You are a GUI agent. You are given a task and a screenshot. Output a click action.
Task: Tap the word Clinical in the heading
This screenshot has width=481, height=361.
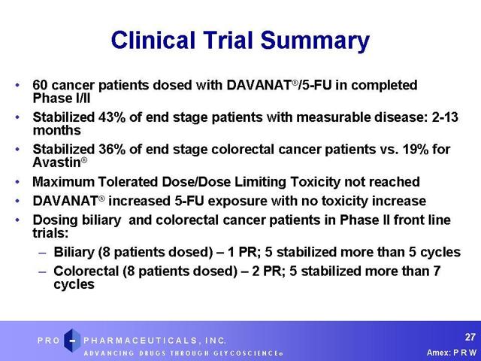pos(153,40)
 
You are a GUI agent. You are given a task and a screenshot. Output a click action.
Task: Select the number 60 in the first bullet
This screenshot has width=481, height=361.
pos(40,85)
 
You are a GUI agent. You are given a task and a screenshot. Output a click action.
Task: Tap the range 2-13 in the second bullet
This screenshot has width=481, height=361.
pos(445,117)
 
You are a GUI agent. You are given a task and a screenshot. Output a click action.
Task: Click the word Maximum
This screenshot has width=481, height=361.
pos(63,182)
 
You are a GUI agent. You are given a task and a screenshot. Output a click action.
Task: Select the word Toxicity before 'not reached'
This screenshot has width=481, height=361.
pos(315,182)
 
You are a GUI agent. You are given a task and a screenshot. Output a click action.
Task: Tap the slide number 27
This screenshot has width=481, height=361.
pos(470,337)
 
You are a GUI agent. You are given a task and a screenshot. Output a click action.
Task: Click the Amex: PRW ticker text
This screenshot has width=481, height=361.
pos(452,353)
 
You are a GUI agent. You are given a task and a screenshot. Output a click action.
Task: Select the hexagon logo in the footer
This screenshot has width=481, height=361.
pos(72,340)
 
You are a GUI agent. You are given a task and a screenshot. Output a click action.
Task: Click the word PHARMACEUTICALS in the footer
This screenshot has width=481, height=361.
pos(141,341)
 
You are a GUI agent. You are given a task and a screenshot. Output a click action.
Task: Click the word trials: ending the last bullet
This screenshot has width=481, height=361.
pos(50,233)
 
